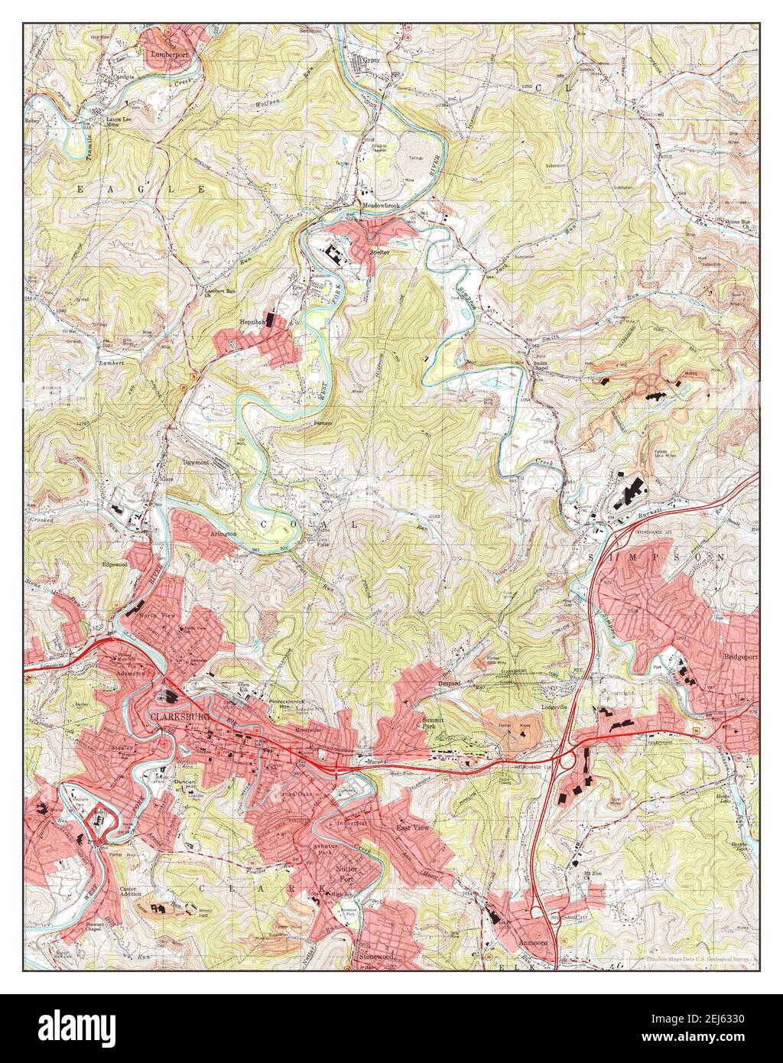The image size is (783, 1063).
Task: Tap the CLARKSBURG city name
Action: [177, 717]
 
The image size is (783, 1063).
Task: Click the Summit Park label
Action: [435, 724]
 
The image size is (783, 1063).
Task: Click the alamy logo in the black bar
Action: [86, 1029]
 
